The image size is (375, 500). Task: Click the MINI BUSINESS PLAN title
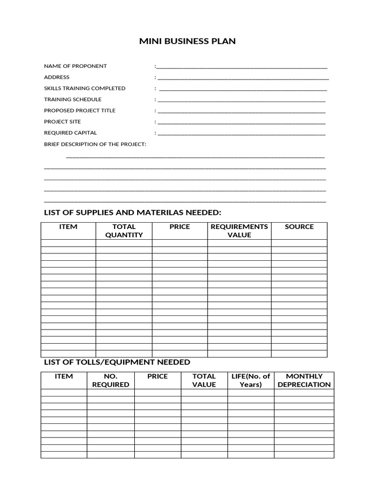click(187, 42)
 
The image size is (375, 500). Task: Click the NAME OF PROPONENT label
click(75, 66)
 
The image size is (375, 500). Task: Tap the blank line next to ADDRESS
click(243, 78)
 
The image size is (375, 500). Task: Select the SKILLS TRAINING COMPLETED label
click(84, 88)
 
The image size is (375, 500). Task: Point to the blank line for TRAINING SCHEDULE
click(241, 100)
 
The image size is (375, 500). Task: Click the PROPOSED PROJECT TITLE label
click(80, 110)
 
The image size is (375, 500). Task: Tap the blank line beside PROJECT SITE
click(241, 123)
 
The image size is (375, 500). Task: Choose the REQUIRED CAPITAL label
click(70, 133)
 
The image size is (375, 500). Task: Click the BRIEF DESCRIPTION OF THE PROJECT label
click(95, 144)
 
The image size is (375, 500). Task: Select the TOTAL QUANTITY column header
click(124, 230)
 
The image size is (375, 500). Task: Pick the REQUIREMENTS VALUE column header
click(239, 230)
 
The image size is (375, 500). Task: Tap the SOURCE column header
click(299, 227)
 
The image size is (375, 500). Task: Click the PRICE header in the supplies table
click(180, 227)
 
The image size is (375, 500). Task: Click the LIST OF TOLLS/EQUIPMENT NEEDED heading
click(117, 362)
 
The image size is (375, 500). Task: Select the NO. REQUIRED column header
click(111, 380)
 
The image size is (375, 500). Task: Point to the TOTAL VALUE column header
click(204, 380)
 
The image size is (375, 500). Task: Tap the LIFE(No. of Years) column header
click(250, 380)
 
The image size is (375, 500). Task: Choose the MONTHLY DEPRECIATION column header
click(304, 380)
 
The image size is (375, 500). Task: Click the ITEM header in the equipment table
click(64, 376)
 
